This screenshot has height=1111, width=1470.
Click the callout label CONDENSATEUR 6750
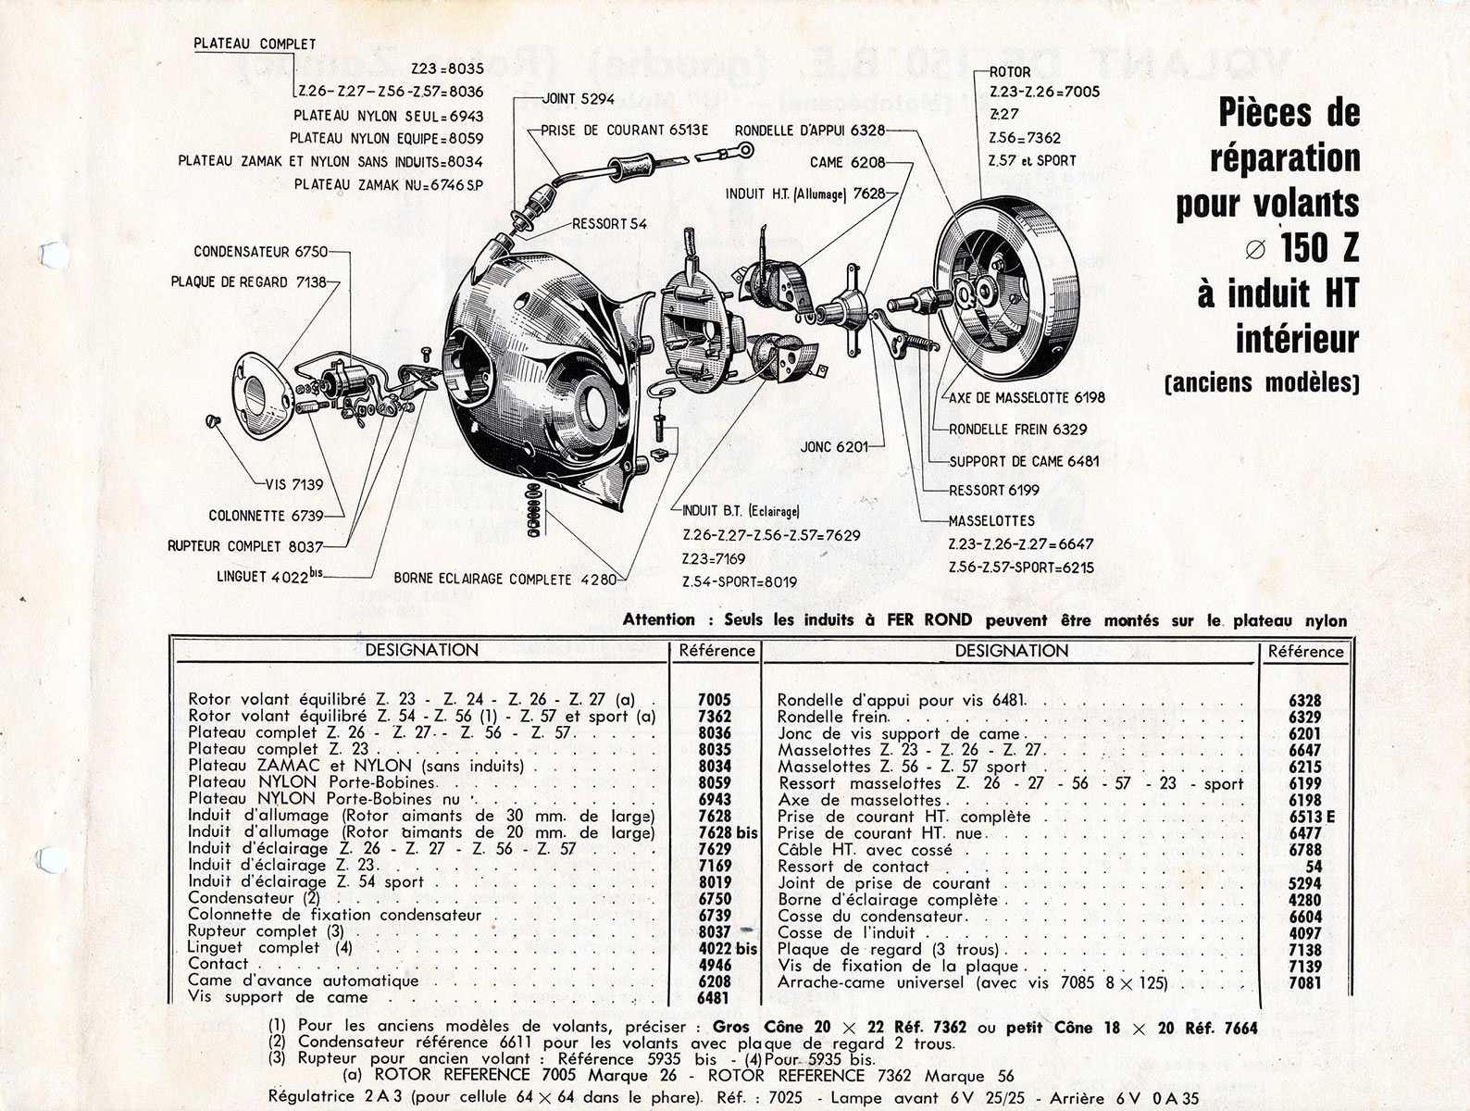click(x=260, y=252)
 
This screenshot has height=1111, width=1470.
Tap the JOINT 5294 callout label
click(x=579, y=99)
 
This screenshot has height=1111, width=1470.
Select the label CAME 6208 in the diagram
click(x=847, y=162)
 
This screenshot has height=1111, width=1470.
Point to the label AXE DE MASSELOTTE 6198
click(x=1027, y=397)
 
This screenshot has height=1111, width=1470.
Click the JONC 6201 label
click(x=834, y=446)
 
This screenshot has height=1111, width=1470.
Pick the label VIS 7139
click(x=294, y=484)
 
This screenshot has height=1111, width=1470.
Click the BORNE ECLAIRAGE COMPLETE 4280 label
click(x=505, y=579)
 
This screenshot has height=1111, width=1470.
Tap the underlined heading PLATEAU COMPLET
click(x=255, y=44)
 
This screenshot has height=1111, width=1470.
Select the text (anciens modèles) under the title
click(x=1262, y=382)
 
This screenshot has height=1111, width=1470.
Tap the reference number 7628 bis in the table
click(x=728, y=832)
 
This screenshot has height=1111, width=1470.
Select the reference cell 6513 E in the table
click(x=1312, y=817)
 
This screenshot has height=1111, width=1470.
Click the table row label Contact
click(x=218, y=964)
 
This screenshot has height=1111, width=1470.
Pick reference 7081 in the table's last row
click(x=1305, y=983)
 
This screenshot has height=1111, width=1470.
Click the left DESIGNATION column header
click(x=422, y=650)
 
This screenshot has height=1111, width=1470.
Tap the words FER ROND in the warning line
click(x=928, y=619)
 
